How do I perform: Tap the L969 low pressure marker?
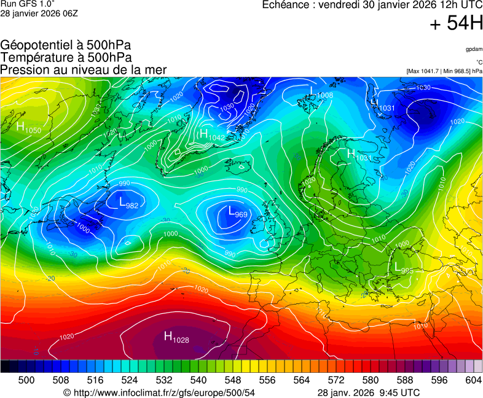tap(237, 213)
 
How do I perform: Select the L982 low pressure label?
tap(128, 203)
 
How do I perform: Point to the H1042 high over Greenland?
tap(212, 135)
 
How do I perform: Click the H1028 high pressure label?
tap(176, 337)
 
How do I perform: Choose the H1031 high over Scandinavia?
tap(359, 155)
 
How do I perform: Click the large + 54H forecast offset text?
tap(456, 24)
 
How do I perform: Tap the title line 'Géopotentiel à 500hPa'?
tap(66, 45)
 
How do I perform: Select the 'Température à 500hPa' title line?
tap(66, 57)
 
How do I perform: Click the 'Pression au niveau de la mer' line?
tap(84, 69)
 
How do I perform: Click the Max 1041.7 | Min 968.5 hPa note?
tap(444, 71)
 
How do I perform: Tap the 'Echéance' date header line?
tap(372, 5)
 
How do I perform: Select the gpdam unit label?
tap(474, 49)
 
